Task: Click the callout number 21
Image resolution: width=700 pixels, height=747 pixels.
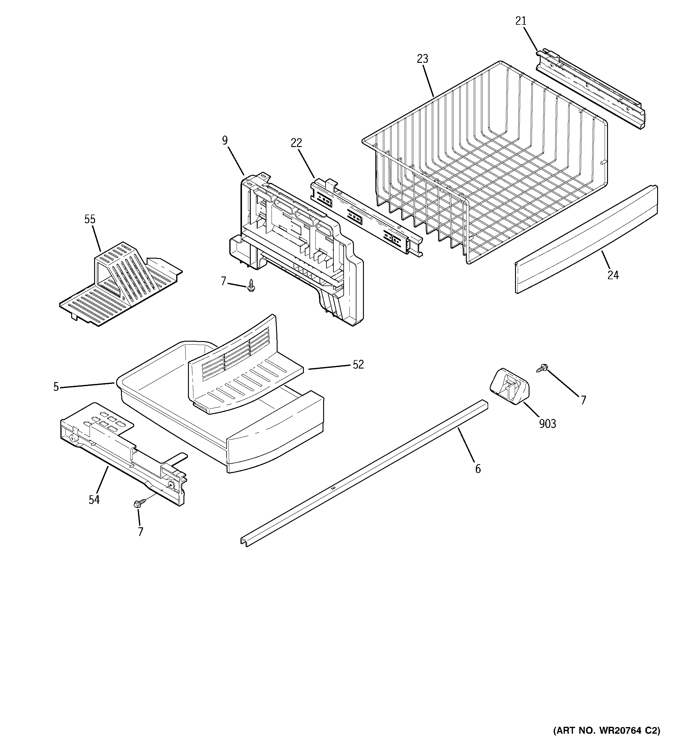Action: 520,21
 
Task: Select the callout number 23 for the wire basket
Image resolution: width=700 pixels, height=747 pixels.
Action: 422,59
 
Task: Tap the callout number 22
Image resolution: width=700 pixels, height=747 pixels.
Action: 296,143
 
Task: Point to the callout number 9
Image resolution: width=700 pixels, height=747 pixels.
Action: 225,141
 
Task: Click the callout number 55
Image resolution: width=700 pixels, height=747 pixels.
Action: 90,219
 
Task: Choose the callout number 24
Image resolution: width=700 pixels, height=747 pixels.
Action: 613,276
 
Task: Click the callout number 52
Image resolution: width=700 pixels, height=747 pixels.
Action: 358,365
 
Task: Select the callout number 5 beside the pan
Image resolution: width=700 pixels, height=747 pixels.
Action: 56,387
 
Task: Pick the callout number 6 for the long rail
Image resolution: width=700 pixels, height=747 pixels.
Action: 478,469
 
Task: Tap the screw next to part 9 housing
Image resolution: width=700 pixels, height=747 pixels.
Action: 251,286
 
